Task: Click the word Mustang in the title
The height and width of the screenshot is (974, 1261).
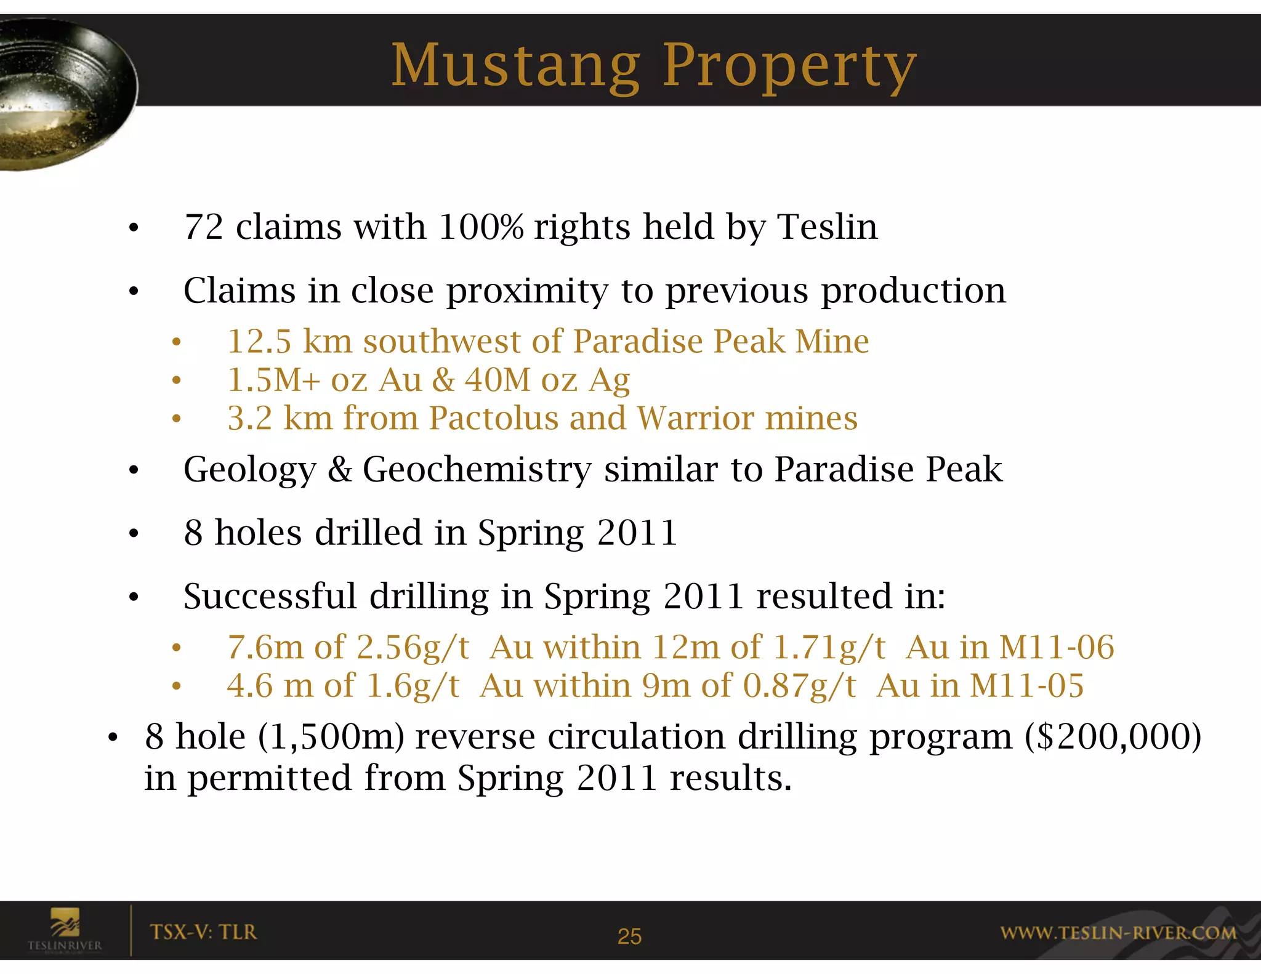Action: coord(516,66)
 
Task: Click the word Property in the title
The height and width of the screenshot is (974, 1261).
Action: coord(789,66)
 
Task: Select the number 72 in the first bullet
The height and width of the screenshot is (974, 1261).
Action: coord(204,227)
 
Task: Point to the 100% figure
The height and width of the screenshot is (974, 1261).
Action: coord(481,227)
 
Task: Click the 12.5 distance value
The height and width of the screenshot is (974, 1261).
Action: coord(259,342)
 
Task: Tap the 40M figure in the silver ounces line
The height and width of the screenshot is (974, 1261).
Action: coord(497,380)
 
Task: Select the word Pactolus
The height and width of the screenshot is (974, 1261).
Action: coord(493,418)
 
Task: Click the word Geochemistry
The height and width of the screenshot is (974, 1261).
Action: coord(477,469)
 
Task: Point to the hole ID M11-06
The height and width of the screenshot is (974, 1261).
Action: coord(1056,647)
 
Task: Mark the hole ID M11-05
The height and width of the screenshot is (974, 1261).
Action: coord(1026,685)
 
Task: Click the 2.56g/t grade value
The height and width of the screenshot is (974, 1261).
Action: coord(413,647)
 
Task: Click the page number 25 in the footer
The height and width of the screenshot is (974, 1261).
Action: coord(629,936)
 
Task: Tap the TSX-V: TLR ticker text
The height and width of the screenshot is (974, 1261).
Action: coord(203,932)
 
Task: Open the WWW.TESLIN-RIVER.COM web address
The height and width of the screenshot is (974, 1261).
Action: coord(1118,933)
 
